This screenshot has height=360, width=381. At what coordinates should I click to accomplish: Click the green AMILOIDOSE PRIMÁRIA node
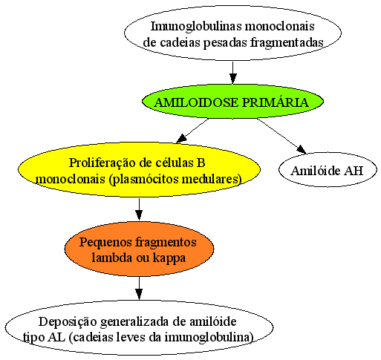point(232,102)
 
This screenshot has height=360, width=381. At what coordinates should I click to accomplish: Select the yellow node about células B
point(139,170)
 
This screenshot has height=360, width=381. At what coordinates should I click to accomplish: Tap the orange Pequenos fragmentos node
point(139,249)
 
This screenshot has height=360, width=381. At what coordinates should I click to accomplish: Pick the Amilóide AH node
point(328,170)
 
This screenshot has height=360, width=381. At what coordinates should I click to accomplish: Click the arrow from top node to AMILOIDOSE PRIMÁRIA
point(232,73)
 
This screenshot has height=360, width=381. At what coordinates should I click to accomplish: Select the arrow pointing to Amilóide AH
point(281,136)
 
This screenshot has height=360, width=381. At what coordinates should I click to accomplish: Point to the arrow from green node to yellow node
point(192,131)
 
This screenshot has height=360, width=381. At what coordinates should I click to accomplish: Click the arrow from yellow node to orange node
point(139,209)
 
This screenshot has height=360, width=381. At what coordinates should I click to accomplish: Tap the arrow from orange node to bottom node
point(139,288)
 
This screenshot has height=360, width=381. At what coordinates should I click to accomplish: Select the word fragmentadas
point(287,42)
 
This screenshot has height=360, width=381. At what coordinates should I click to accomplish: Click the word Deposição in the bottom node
point(68,322)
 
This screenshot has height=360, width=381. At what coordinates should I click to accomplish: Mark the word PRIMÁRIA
point(276,102)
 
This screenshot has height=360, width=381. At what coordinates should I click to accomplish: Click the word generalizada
point(135,322)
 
